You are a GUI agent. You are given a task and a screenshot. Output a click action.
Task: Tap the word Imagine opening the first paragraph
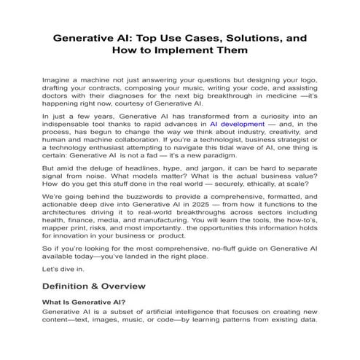(58, 78)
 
